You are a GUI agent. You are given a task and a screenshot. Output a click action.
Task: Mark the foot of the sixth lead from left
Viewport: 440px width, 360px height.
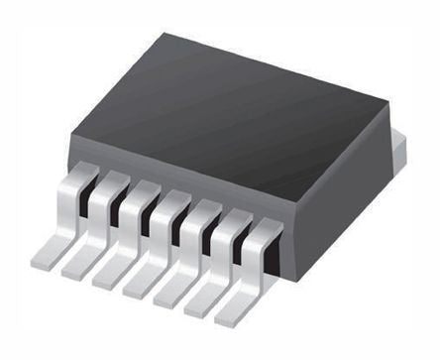(204, 305)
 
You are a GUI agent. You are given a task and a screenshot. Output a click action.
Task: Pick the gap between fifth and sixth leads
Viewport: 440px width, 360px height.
(209, 230)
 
